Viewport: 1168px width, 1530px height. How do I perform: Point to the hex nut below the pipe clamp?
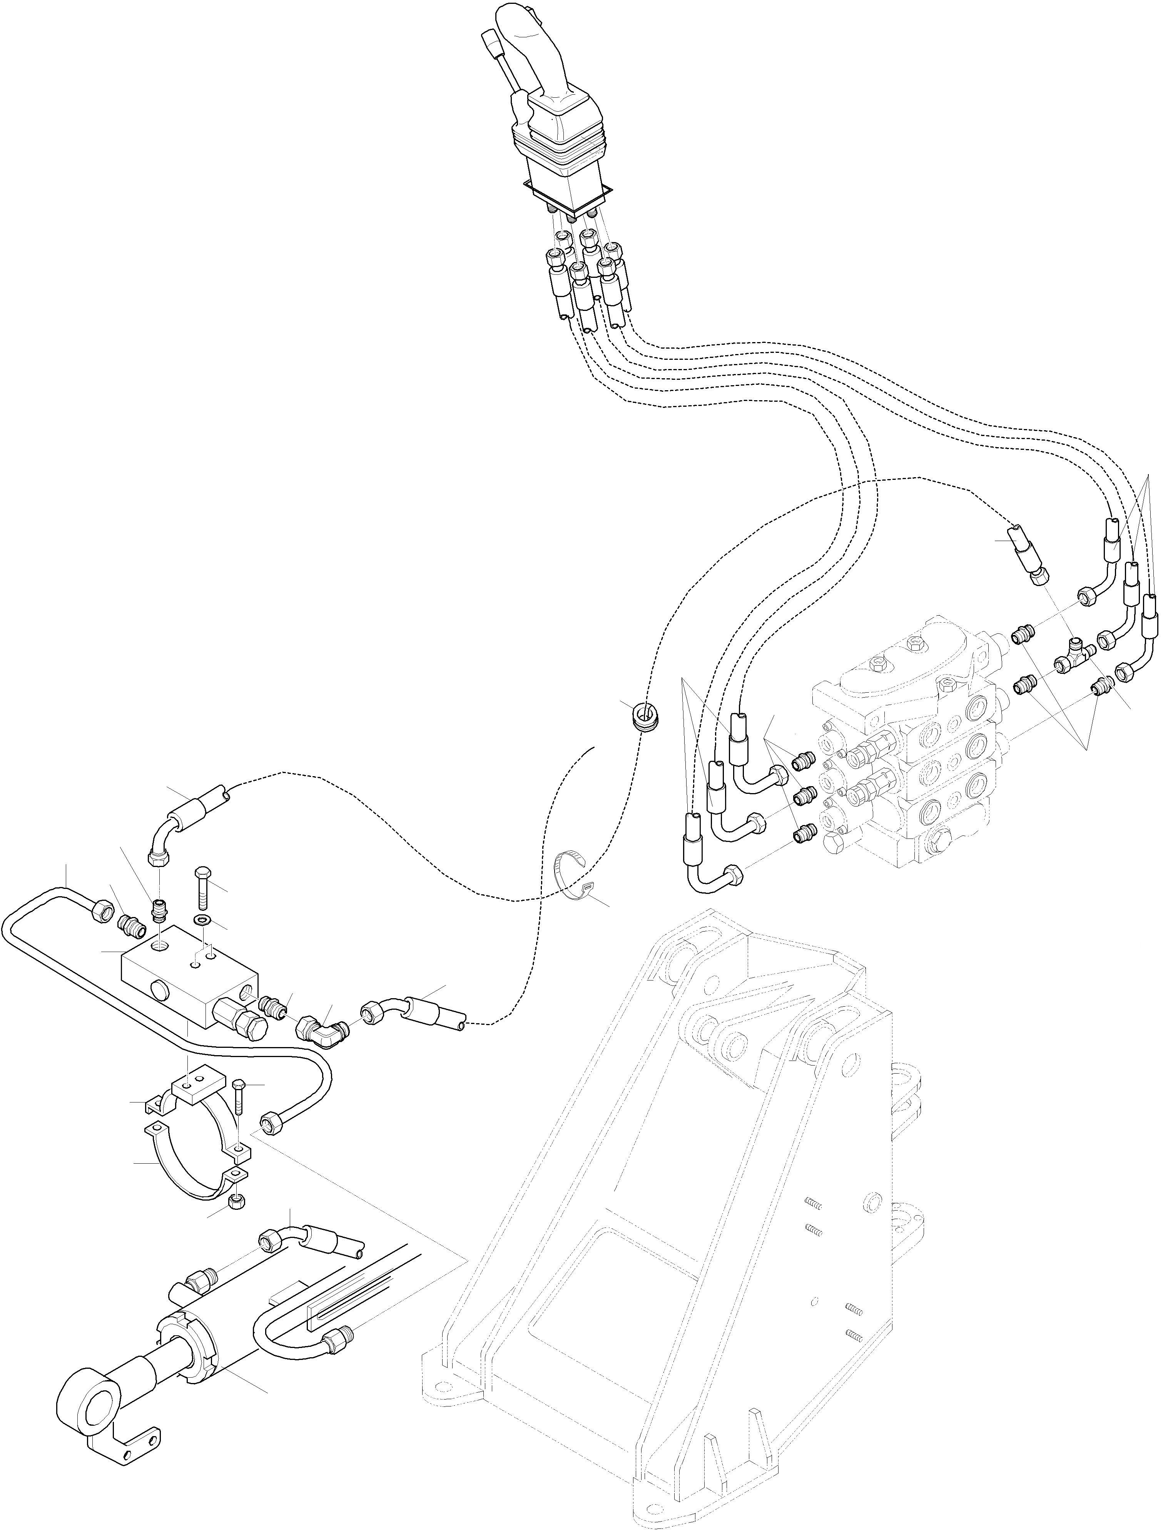click(x=234, y=1202)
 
